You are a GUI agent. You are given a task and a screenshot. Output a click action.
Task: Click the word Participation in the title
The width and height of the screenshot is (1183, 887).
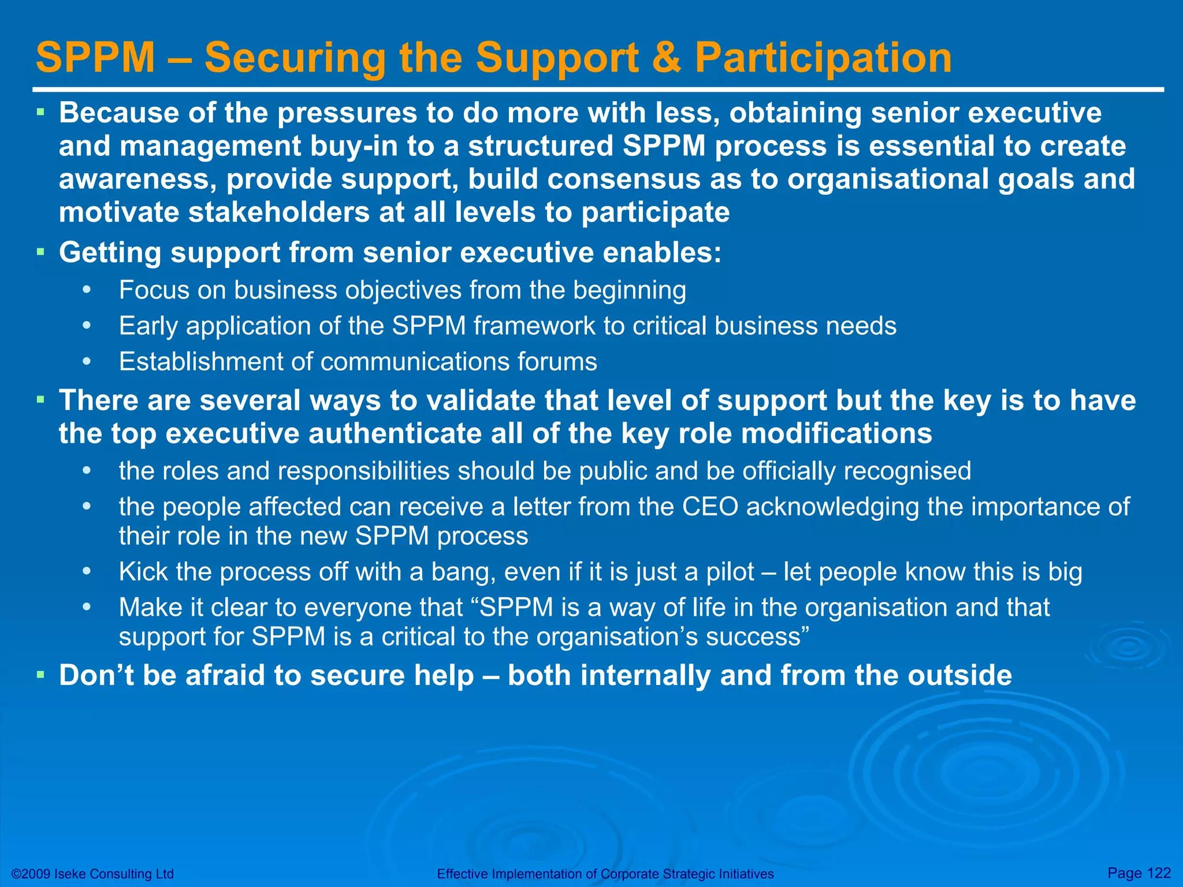pyautogui.click(x=823, y=58)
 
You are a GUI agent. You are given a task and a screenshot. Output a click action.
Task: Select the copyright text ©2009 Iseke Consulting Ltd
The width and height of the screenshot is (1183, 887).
pyautogui.click(x=92, y=874)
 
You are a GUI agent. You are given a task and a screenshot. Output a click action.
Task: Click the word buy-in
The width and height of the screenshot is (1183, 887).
pyautogui.click(x=354, y=146)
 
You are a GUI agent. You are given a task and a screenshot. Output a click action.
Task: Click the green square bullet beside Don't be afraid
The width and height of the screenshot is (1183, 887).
pyautogui.click(x=40, y=674)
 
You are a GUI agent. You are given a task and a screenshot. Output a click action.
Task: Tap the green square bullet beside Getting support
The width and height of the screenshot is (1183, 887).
pyautogui.click(x=40, y=252)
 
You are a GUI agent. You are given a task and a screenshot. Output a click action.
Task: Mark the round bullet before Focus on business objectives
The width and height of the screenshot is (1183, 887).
pyautogui.click(x=87, y=290)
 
